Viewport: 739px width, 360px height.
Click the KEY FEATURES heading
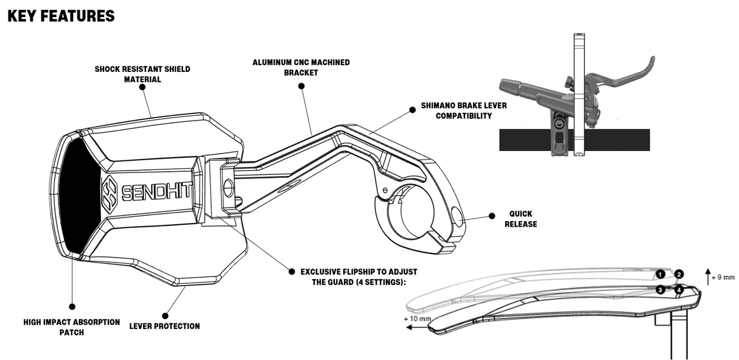(x=61, y=16)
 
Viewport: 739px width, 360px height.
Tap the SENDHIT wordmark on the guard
(x=156, y=192)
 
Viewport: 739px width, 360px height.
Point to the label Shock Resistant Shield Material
(x=142, y=74)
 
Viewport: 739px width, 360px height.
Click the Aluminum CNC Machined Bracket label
(x=301, y=68)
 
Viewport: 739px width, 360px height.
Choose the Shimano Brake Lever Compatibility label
(x=463, y=110)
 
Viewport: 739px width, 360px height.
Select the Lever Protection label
(x=164, y=326)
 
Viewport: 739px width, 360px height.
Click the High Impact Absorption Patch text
(x=71, y=326)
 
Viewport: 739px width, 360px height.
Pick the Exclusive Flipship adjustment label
(x=359, y=277)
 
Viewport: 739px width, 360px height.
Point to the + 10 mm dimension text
(x=417, y=318)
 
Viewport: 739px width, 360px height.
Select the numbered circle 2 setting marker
(x=679, y=275)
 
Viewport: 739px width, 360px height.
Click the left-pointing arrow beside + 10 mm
(x=417, y=328)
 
